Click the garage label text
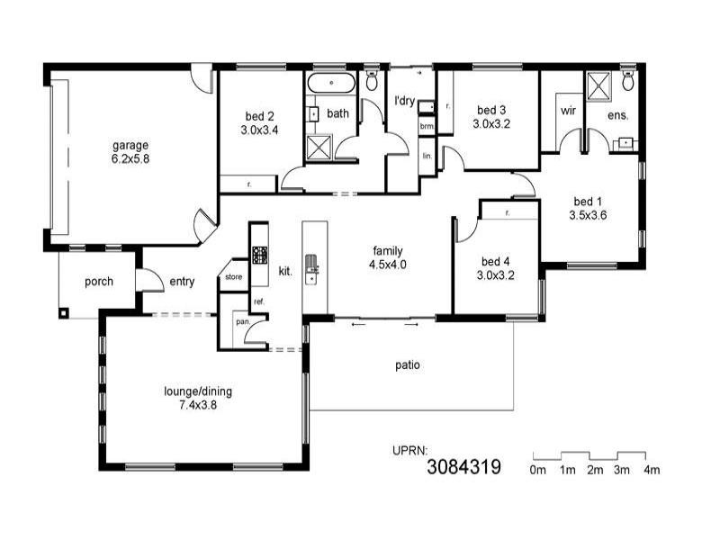point(130,145)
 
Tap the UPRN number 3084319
point(463,466)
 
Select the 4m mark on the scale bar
point(651,470)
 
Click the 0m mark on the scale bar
point(538,470)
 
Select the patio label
point(408,365)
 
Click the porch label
point(98,282)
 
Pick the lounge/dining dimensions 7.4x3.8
point(190,405)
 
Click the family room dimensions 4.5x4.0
point(388,265)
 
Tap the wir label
point(568,111)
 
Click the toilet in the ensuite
point(628,82)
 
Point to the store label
point(234,276)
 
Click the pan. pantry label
point(242,321)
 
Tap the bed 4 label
point(495,262)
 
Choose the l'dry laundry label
point(404,101)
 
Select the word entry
point(182,282)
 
